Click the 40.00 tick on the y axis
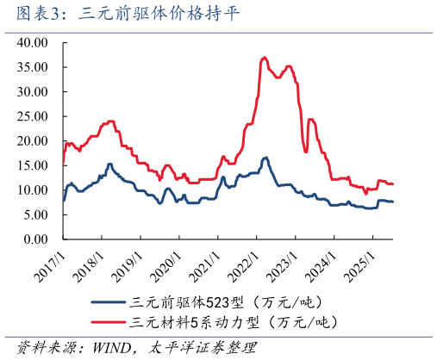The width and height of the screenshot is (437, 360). (36, 41)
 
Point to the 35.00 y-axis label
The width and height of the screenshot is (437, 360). (36, 66)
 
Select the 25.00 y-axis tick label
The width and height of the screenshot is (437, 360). (36, 115)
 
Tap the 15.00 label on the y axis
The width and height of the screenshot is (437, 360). (36, 165)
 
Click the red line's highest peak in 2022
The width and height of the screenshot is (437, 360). (264, 58)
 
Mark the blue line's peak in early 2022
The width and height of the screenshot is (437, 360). (265, 158)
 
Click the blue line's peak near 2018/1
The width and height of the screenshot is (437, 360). (109, 164)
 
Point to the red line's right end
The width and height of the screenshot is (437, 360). (393, 183)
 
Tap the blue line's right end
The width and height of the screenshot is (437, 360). (393, 202)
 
